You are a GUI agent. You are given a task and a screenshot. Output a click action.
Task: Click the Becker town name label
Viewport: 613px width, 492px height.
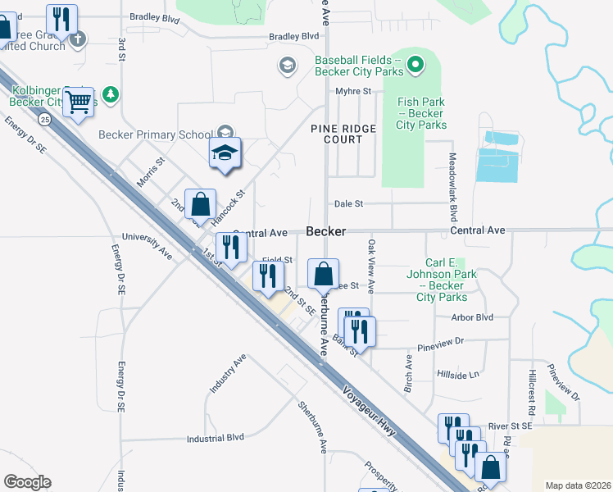click(325, 232)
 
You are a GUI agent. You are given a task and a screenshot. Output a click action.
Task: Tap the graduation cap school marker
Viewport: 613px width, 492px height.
click(225, 153)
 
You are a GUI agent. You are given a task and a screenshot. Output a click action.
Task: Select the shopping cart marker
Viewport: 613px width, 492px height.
click(78, 102)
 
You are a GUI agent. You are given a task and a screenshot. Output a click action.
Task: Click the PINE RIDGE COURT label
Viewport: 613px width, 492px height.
click(343, 134)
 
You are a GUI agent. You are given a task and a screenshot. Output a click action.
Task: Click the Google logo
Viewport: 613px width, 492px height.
click(27, 482)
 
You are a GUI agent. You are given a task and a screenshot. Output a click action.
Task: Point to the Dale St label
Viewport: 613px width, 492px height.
click(347, 203)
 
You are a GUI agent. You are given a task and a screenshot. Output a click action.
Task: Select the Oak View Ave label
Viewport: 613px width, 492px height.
click(371, 266)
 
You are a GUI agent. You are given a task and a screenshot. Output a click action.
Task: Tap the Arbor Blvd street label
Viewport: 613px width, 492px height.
click(473, 317)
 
